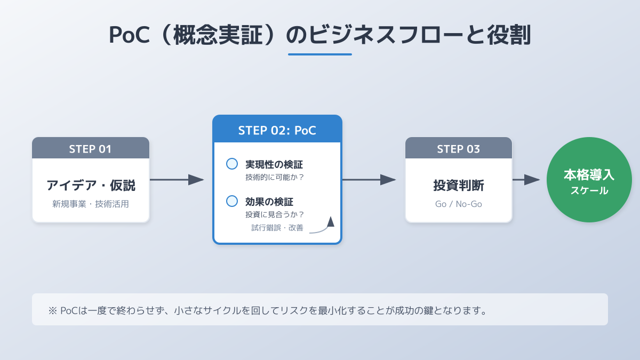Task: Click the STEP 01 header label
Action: [90, 149]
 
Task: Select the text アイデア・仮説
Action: [91, 186]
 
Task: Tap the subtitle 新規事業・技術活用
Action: [91, 204]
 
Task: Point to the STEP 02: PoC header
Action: [277, 130]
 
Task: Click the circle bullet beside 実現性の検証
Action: [232, 164]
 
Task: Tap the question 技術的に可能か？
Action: [274, 177]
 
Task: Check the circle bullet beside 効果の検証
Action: [232, 201]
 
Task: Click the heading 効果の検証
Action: [269, 202]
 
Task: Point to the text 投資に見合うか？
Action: [274, 214]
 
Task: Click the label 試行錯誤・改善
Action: [277, 228]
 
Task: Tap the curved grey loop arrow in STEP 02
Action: [323, 226]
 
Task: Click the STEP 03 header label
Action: [458, 149]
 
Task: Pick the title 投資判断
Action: [458, 186]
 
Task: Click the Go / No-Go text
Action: [458, 204]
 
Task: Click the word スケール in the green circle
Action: [589, 190]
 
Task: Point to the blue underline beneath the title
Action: [320, 54]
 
